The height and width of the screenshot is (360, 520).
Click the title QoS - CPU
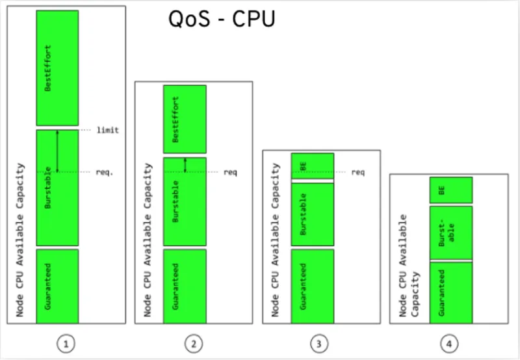tap(222, 19)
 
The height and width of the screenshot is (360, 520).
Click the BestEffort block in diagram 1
tap(57, 68)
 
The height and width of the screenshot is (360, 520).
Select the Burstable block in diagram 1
tap(57, 187)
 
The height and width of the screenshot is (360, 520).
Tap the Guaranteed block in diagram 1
tap(57, 286)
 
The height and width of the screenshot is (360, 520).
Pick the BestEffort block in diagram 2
tap(185, 119)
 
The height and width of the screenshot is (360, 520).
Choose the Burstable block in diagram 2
tap(185, 201)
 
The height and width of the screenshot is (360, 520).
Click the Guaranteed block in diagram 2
tap(185, 286)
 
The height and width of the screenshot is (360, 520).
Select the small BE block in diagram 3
tap(312, 165)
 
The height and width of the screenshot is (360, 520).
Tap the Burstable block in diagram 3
tap(312, 214)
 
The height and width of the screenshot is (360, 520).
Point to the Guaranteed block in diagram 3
tap(312, 286)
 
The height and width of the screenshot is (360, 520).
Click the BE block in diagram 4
tap(450, 190)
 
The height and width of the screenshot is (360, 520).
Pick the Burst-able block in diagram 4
tap(450, 232)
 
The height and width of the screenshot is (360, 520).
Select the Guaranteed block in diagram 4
tap(450, 292)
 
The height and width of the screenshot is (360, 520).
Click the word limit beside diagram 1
tap(107, 130)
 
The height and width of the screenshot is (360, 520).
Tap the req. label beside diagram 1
tap(105, 173)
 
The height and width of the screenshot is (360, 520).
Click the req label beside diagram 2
tap(230, 173)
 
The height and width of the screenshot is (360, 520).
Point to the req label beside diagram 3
tap(357, 173)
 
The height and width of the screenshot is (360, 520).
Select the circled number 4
tap(448, 342)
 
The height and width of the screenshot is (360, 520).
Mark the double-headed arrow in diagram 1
tap(57, 151)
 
